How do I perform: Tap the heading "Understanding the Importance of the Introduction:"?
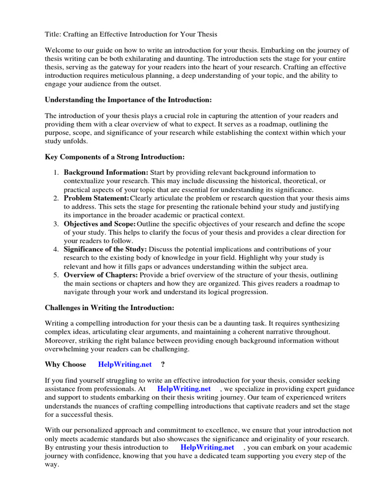[128, 100]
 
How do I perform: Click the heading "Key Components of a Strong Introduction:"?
[115, 157]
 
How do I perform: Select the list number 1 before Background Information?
[56, 173]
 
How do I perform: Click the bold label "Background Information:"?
[106, 173]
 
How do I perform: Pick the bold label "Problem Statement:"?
[96, 198]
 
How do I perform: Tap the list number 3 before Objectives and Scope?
[56, 224]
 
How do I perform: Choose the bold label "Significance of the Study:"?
[105, 250]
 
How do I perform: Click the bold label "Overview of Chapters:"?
[101, 275]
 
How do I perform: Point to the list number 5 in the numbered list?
[56, 275]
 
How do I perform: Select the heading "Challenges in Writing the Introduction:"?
[109, 308]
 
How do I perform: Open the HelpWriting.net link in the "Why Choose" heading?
[125, 365]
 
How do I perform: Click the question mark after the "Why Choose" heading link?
[163, 365]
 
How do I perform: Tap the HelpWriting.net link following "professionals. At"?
[184, 389]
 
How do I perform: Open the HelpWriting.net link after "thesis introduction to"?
[207, 447]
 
